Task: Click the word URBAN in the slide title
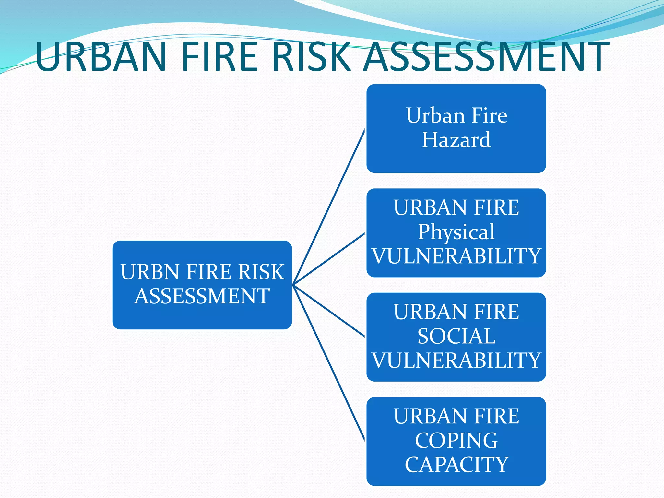click(x=101, y=56)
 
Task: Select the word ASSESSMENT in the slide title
click(x=486, y=56)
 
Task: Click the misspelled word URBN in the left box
click(x=149, y=272)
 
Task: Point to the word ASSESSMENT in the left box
click(x=202, y=296)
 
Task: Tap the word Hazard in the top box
click(x=456, y=140)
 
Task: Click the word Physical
click(x=456, y=232)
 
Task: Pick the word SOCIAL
click(x=456, y=336)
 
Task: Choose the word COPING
click(x=456, y=441)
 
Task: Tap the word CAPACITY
click(x=456, y=465)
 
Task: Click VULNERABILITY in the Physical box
click(x=456, y=256)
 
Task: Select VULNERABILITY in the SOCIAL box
click(x=456, y=360)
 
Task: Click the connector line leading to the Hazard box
click(x=329, y=207)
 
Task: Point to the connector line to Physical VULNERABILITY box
click(x=329, y=259)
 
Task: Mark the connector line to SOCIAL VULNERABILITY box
click(x=329, y=311)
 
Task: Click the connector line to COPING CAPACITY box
click(x=329, y=362)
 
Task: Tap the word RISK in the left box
click(x=261, y=272)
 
